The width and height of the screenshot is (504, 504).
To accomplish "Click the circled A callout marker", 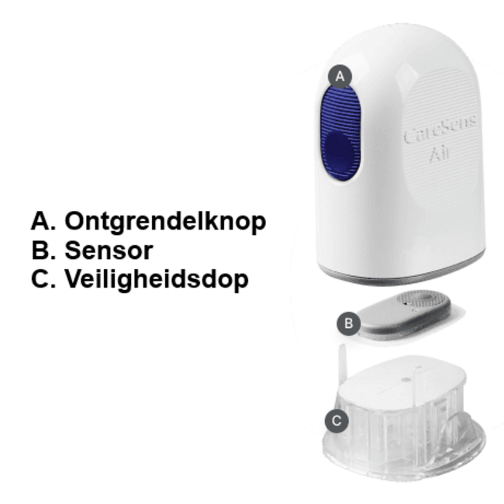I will click(x=340, y=75).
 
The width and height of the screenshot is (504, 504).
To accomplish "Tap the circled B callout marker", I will click(x=348, y=323).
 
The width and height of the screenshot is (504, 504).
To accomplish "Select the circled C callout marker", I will click(x=336, y=421).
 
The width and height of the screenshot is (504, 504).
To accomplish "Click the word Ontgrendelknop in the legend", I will click(x=165, y=221).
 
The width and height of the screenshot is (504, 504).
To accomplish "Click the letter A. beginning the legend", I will click(x=43, y=221).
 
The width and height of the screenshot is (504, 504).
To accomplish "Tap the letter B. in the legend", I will click(x=43, y=250).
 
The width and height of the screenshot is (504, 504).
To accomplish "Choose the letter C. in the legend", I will click(x=43, y=278).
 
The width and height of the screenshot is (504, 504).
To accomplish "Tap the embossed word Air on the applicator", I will click(x=443, y=155).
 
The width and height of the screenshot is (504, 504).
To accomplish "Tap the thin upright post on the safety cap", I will click(x=342, y=364).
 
